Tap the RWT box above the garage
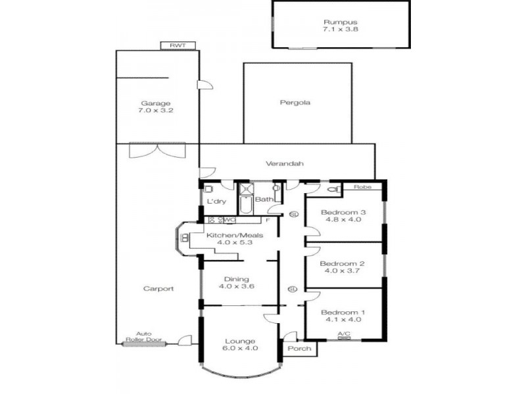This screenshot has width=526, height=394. click(178, 45)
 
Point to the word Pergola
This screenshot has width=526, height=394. click(295, 102)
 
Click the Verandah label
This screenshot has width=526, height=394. click(285, 164)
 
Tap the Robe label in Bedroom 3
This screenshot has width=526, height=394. click(362, 187)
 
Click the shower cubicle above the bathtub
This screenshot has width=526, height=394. click(246, 188)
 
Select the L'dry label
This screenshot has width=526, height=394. click(216, 201)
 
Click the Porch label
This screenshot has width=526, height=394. click(299, 348)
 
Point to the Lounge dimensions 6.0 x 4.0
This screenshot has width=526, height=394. click(239, 348)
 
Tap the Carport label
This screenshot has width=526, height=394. click(158, 288)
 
